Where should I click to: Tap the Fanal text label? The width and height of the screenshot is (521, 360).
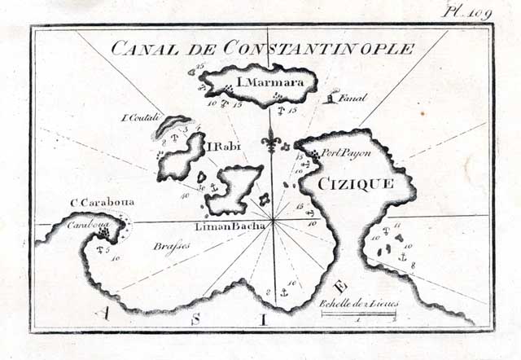tap(352, 99)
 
